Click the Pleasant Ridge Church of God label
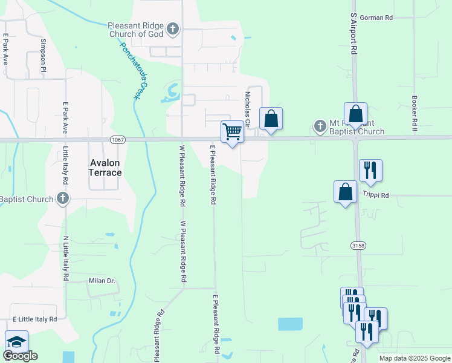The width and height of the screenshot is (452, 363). [x=136, y=30]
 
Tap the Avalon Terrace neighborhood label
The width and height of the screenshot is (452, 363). [x=106, y=168]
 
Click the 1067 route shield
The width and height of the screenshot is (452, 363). [x=118, y=140]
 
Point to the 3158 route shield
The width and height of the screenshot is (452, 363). [x=359, y=245]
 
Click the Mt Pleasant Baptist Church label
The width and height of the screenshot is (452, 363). [x=357, y=127]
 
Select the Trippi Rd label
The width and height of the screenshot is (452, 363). [x=376, y=195]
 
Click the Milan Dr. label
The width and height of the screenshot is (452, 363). [x=102, y=281]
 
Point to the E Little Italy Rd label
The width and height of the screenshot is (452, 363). [x=34, y=319]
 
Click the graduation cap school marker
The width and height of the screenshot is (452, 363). [x=17, y=341]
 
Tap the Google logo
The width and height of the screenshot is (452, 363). [x=21, y=356]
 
